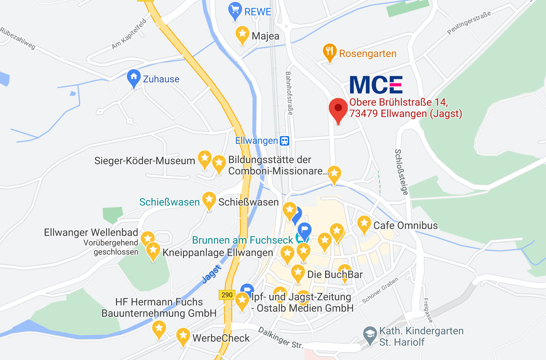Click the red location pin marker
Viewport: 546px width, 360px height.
click(x=338, y=109)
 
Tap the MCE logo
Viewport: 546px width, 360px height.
click(x=376, y=85)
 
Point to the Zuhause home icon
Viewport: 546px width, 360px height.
click(x=133, y=77)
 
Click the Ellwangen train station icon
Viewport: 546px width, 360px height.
click(x=285, y=141)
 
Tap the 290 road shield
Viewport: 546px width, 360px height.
click(x=227, y=295)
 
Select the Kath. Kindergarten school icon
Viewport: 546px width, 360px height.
click(x=370, y=334)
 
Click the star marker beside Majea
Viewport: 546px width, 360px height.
click(x=242, y=34)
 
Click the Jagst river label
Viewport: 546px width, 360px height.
click(x=212, y=274)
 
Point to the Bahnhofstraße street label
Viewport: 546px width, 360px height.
click(x=289, y=93)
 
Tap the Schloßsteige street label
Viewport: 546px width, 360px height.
click(x=401, y=172)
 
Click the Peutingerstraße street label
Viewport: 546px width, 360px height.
click(x=469, y=23)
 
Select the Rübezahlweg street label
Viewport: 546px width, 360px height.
click(x=18, y=38)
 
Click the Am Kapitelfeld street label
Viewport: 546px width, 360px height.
click(x=129, y=34)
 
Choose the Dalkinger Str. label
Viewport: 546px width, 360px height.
click(x=280, y=338)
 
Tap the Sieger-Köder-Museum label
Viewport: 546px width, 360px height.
click(x=145, y=161)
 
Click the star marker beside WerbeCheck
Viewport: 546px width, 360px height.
click(x=183, y=335)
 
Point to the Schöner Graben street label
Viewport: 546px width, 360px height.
click(x=380, y=290)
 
